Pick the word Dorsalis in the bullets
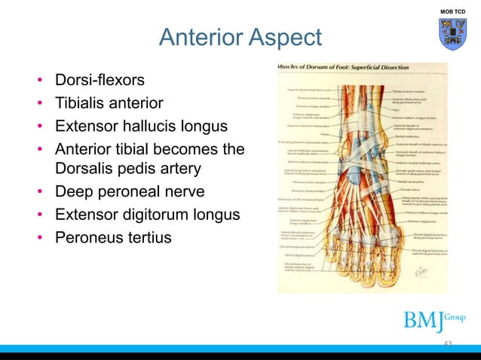[86, 167]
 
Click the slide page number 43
[448, 344]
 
